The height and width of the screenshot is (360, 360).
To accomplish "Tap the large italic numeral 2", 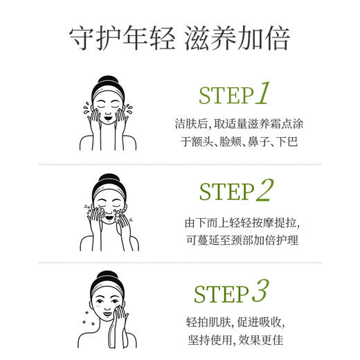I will click(264, 190).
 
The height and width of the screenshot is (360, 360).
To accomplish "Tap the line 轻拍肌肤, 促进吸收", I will click(235, 322).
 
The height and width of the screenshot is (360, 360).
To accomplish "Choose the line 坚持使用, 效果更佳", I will click(235, 341).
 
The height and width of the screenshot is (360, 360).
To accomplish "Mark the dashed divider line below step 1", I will click(180, 164).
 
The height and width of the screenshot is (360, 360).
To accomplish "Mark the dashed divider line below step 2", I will click(180, 262).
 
